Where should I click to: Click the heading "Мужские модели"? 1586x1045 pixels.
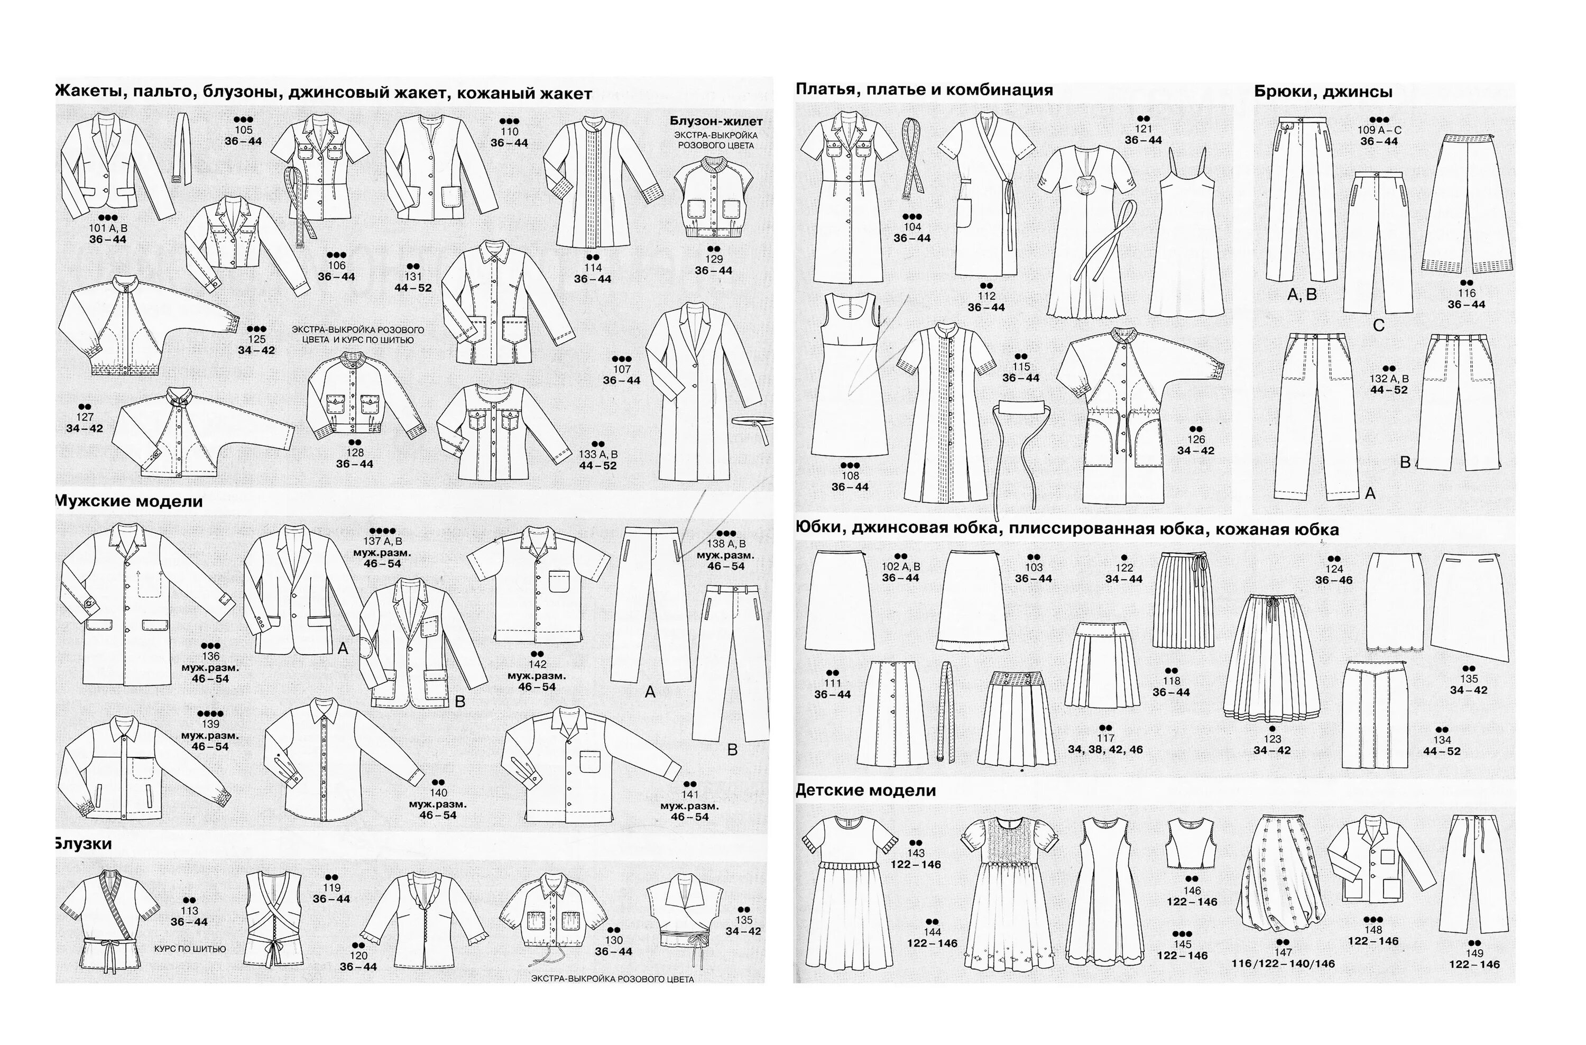tap(128, 501)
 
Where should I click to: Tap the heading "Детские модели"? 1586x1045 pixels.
tap(865, 791)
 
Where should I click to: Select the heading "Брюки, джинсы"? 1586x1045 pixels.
tap(1323, 92)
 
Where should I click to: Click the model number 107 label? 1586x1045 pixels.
tap(621, 369)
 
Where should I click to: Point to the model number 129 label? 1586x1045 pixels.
tap(713, 259)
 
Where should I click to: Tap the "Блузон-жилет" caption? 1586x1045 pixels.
tap(716, 121)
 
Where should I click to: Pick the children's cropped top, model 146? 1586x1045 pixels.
tap(1191, 843)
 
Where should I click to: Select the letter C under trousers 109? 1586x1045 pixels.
tap(1379, 325)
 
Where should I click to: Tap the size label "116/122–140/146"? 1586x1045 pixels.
tap(1283, 964)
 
